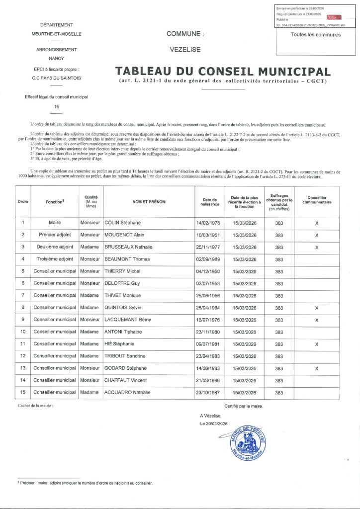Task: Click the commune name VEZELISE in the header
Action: [x=185, y=50]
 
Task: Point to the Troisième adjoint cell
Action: [x=53, y=259]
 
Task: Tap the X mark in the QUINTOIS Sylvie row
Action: [x=317, y=308]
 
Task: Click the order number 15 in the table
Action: [x=23, y=392]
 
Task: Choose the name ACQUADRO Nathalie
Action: [x=127, y=392]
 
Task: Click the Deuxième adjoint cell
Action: [x=53, y=247]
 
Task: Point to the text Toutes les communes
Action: [x=316, y=35]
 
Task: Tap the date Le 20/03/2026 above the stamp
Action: [x=213, y=424]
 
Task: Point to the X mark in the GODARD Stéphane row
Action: [x=317, y=368]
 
